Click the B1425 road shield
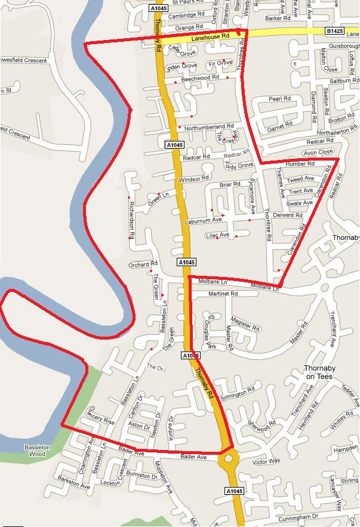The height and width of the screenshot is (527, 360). click(x=335, y=30)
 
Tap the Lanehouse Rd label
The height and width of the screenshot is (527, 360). click(x=211, y=37)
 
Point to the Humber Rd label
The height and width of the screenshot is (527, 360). click(x=300, y=164)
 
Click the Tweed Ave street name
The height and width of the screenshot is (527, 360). click(x=300, y=179)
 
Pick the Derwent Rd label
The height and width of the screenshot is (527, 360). click(x=288, y=215)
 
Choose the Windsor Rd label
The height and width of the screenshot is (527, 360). click(x=193, y=178)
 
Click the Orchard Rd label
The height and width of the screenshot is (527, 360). click(x=143, y=264)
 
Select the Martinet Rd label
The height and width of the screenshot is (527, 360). click(x=223, y=294)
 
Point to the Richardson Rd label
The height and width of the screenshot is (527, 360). click(x=132, y=219)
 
